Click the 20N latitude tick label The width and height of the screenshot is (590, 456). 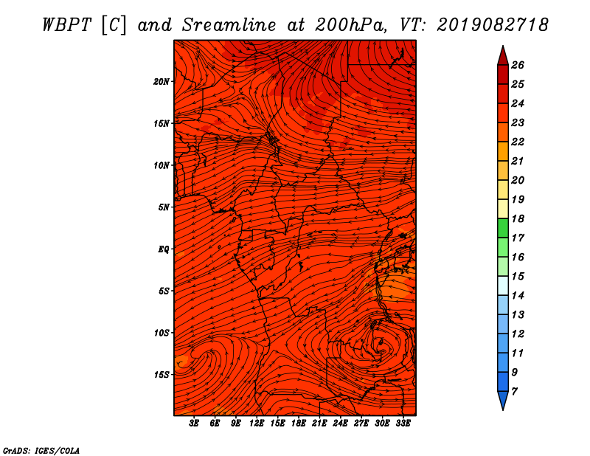[161, 82]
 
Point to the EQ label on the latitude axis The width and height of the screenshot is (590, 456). [163, 249]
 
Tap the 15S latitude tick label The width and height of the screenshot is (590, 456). [162, 375]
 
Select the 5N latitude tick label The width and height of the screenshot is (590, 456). [164, 207]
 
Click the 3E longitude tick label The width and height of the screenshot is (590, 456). [194, 424]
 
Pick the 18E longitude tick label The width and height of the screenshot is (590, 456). [299, 424]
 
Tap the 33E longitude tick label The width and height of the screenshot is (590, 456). [403, 424]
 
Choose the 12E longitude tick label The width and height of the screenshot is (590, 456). [257, 424]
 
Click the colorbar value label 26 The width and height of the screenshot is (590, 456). [518, 65]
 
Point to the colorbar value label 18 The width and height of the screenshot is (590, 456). [518, 218]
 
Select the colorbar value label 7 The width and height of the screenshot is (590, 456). [514, 392]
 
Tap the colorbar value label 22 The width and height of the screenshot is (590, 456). [518, 142]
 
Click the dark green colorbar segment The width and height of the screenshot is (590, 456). [503, 228]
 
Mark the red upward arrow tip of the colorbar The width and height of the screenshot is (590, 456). [503, 46]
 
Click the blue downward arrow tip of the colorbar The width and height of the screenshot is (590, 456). [503, 410]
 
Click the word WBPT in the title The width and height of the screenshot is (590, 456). [66, 25]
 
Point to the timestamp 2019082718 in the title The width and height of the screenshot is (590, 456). [493, 25]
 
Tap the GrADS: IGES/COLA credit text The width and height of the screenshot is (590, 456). [41, 451]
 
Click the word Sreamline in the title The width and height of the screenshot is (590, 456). [229, 25]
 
